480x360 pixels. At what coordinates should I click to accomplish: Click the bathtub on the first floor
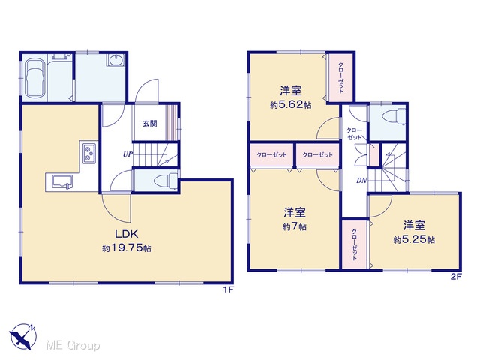coord(35,78)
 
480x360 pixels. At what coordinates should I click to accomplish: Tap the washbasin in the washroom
coord(116,60)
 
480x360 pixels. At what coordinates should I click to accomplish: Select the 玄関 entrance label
coord(150,123)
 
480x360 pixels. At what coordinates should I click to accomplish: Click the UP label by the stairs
coord(127,154)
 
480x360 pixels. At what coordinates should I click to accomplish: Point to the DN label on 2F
coord(361,181)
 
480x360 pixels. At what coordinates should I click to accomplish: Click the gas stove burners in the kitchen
coord(89,154)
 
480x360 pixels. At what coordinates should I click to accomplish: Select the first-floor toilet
coord(166,181)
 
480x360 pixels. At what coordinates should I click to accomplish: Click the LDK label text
coord(127,234)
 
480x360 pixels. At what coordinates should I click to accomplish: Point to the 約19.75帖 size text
coord(127,248)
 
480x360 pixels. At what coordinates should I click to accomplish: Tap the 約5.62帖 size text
coord(291,105)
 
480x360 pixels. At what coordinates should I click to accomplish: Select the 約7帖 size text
coord(295,226)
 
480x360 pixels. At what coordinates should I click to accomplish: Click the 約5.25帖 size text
coord(414,240)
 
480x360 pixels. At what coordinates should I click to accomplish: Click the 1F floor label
coord(228,289)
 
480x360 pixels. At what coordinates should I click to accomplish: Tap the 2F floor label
coord(456,277)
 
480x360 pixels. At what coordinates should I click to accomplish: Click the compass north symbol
coord(22,337)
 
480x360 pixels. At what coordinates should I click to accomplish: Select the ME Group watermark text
coord(73,346)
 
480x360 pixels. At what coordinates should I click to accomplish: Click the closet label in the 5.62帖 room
coord(340,78)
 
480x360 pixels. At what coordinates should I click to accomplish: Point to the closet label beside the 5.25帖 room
coord(354,244)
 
